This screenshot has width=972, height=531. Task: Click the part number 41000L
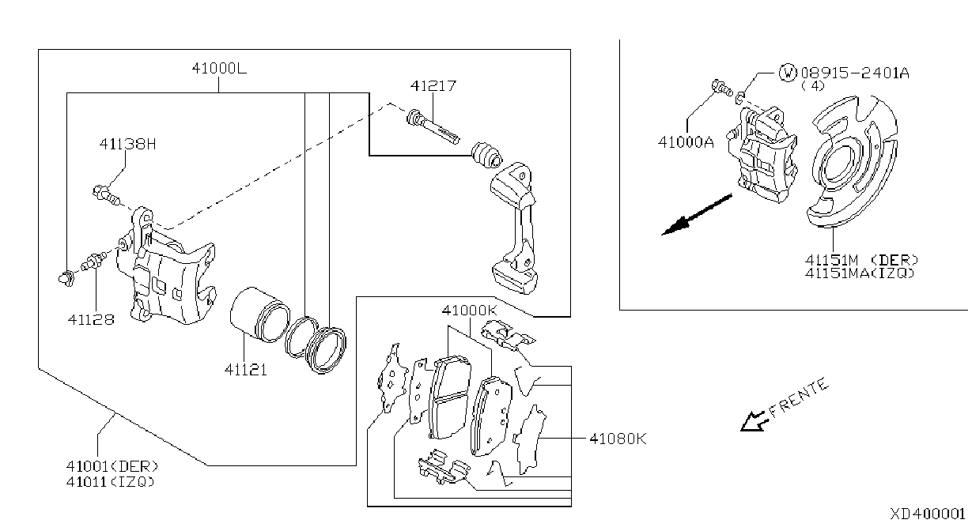click(x=219, y=69)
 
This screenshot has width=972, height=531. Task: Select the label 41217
click(x=433, y=86)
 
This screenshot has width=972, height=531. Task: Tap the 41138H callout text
click(x=127, y=144)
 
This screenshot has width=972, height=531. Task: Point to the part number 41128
click(x=91, y=319)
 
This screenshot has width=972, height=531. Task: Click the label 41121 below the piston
click(x=246, y=370)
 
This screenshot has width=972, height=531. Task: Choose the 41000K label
click(x=470, y=311)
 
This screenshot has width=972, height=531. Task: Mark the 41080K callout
click(x=618, y=439)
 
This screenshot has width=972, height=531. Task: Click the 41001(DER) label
click(x=112, y=466)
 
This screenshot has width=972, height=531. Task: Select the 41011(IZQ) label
click(x=110, y=481)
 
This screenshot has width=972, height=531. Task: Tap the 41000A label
click(x=686, y=142)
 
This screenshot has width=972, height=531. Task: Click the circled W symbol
click(x=788, y=73)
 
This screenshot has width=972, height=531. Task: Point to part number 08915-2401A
click(x=855, y=73)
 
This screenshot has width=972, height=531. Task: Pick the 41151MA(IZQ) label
click(x=860, y=273)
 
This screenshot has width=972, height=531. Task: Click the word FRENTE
click(x=799, y=397)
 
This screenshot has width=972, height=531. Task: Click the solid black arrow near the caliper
click(x=697, y=215)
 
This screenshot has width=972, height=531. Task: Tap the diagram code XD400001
click(x=927, y=514)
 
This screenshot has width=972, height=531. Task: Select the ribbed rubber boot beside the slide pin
click(x=487, y=155)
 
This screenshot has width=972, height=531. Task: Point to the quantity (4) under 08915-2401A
click(x=812, y=86)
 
